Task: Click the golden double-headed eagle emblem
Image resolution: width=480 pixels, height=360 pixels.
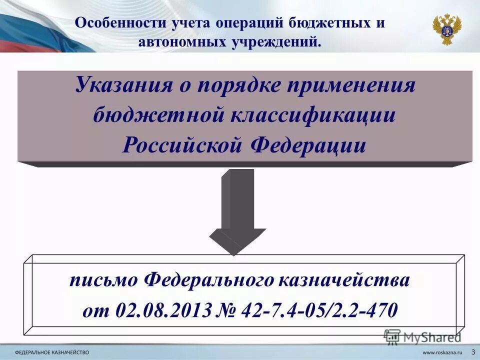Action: coord(446,29)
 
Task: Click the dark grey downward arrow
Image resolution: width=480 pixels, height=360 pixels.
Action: coord(238,210)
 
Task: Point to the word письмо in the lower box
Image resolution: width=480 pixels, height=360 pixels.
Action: coord(104,280)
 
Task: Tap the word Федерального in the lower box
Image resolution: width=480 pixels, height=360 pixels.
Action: coord(209,280)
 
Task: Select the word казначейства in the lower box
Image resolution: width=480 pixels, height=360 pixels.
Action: coord(344,280)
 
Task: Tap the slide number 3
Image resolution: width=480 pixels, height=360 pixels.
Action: coord(473,351)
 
